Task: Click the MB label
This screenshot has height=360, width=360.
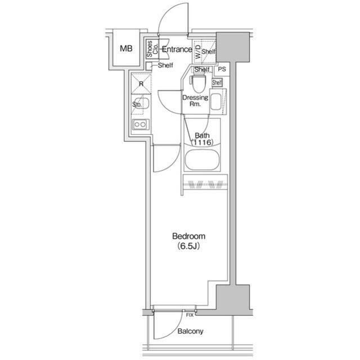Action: point(126,49)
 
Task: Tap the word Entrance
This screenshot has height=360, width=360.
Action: point(177,49)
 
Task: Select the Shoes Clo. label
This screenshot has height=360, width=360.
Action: point(152,49)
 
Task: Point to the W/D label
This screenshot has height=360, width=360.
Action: point(197,51)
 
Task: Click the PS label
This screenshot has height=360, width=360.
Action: point(222,69)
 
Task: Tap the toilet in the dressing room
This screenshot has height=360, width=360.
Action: point(199,84)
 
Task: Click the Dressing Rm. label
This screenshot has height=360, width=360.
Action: point(195,101)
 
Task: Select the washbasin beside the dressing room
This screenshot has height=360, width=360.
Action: point(215,102)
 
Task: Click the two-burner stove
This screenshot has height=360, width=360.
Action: point(140,124)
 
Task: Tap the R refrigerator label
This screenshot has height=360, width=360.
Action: point(141,84)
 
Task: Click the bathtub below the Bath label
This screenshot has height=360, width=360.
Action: point(202,160)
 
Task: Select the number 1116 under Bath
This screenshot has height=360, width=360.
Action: point(202,142)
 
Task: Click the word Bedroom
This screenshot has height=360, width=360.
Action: point(189,236)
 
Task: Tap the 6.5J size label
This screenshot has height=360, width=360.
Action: point(188,246)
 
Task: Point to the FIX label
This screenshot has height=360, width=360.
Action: point(190,315)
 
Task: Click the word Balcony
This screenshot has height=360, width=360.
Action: point(190,331)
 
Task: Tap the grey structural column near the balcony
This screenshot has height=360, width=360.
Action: point(233,300)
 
